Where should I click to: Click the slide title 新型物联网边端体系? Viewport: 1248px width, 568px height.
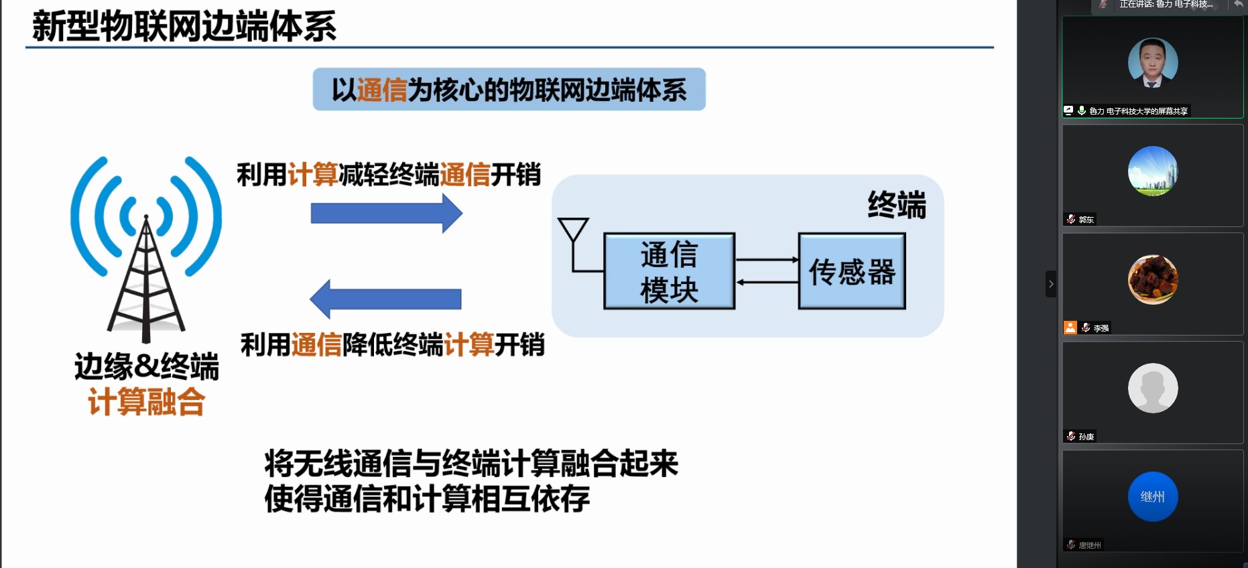tap(184, 27)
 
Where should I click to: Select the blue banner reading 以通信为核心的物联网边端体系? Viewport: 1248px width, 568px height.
tap(509, 90)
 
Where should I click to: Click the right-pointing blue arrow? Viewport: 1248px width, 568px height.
tap(387, 214)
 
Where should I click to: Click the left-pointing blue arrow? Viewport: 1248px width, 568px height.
tap(385, 299)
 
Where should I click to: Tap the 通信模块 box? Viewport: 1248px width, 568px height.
tap(669, 271)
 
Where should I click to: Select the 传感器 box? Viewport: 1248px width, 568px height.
tap(851, 271)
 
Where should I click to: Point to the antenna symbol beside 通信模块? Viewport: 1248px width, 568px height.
tap(573, 231)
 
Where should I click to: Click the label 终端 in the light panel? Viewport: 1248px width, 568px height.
tap(896, 204)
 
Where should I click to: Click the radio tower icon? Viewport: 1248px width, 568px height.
tap(146, 248)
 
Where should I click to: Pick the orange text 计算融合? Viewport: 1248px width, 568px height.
tap(146, 402)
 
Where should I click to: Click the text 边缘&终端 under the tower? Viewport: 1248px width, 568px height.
tap(146, 366)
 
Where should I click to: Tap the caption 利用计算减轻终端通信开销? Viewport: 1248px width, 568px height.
tap(389, 175)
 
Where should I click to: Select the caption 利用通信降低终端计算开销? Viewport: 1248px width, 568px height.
tap(392, 345)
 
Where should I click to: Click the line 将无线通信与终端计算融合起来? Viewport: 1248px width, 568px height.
tap(471, 463)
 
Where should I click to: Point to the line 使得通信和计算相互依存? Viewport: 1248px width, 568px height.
tap(427, 498)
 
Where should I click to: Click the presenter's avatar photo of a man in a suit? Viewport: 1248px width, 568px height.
tap(1153, 63)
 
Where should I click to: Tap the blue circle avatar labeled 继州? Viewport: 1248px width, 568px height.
tap(1153, 496)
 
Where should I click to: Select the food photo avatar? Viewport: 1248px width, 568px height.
tap(1153, 279)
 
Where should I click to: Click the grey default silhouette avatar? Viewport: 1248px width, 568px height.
tap(1153, 388)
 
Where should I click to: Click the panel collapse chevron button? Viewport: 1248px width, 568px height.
tap(1051, 284)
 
